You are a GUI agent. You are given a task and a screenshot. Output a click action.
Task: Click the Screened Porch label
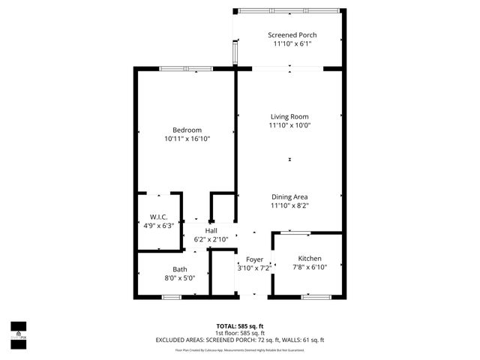point(292,35)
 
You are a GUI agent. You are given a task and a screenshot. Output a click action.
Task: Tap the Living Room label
point(289,116)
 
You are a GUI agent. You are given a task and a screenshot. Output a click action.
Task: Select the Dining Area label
point(289,196)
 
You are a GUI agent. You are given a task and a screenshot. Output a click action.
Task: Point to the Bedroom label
point(187,130)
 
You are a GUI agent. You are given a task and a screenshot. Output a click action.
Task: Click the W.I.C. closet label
point(157,217)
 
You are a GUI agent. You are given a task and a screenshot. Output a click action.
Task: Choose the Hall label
point(211,230)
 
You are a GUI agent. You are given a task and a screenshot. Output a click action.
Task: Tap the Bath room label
point(180,269)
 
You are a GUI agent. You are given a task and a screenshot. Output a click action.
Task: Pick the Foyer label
point(254,259)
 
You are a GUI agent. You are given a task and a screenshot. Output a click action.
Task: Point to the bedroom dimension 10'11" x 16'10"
point(187,139)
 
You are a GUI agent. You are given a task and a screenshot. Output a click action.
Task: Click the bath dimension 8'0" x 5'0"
point(180,278)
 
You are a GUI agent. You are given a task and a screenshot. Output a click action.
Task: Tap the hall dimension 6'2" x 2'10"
point(211,240)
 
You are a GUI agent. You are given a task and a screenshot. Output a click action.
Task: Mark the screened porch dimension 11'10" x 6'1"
point(292,44)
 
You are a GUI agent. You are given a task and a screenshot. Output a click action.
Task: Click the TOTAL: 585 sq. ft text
point(240,325)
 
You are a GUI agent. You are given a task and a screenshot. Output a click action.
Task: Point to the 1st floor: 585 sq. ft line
point(240,332)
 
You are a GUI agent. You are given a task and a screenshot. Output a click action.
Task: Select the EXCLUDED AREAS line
point(240,340)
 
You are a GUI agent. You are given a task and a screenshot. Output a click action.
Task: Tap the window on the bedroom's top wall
point(185,69)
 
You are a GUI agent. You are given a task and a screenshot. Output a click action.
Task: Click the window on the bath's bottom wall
point(172,297)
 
